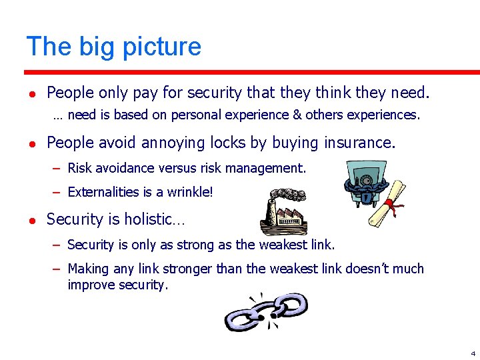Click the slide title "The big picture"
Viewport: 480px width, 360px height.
(x=113, y=47)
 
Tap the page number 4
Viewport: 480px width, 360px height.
(x=473, y=353)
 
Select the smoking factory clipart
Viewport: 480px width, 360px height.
(x=283, y=211)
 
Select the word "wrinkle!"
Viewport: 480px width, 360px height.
(x=191, y=193)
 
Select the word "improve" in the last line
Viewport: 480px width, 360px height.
(x=89, y=285)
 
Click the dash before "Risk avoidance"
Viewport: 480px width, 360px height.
(x=57, y=168)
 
